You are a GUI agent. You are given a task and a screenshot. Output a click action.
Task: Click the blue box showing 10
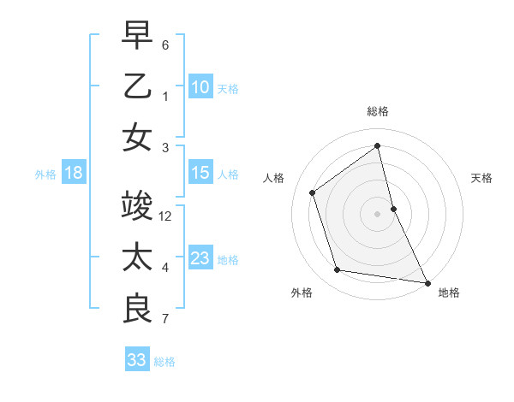pos(200,86)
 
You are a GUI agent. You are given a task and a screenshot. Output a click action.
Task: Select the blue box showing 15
pos(200,174)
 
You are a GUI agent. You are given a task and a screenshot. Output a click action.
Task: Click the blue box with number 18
pos(74,174)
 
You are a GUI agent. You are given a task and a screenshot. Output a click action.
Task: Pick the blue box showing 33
pos(136,360)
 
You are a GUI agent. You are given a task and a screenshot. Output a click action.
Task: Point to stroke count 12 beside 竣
pos(166,216)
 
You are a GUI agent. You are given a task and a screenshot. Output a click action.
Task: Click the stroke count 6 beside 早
pos(165,44)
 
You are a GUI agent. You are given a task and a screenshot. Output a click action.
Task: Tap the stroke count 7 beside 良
pos(165,320)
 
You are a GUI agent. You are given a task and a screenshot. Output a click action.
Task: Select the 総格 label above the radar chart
pos(378,111)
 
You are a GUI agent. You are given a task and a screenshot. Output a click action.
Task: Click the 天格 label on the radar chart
pos(482,178)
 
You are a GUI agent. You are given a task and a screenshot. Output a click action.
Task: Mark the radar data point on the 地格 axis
pos(427,281)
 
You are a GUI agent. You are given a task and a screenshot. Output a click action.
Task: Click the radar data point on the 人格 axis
pos(313,192)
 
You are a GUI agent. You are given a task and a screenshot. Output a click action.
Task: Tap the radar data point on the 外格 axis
pos(338,270)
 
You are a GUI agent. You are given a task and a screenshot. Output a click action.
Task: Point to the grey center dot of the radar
pos(378,213)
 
